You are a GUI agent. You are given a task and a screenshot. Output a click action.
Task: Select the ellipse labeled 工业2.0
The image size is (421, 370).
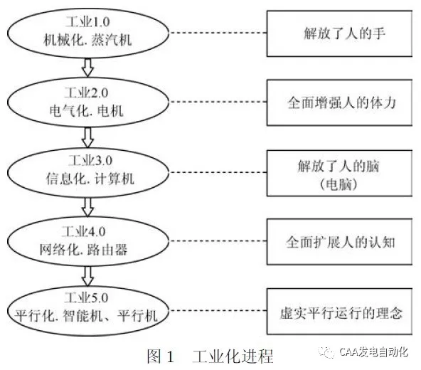click(88, 102)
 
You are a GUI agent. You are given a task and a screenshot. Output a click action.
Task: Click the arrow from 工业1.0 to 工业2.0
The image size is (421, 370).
click(88, 68)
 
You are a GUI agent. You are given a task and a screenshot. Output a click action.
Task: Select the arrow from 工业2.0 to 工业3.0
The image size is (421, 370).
click(88, 137)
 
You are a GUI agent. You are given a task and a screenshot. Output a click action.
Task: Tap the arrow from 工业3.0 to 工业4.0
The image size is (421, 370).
click(88, 206)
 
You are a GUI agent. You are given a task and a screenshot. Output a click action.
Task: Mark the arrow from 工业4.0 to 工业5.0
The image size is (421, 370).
click(88, 275)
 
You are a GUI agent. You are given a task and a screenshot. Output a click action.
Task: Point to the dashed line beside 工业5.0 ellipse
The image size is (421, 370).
click(220, 312)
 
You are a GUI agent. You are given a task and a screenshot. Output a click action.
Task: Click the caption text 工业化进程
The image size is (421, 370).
click(233, 356)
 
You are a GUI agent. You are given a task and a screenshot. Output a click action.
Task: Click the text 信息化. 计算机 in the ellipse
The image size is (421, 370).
click(88, 179)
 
